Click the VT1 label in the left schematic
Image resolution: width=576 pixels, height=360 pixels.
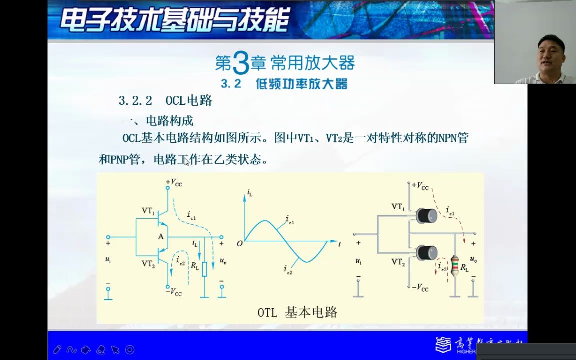[148, 211]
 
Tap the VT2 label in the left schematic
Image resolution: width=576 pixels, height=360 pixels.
[148, 263]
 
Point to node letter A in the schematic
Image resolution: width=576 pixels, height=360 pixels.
[161, 236]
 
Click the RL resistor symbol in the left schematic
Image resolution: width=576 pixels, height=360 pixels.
[204, 269]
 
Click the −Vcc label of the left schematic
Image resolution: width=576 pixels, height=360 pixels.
[174, 292]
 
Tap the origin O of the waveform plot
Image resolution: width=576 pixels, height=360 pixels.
[240, 243]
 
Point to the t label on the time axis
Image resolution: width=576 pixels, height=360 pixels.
[339, 244]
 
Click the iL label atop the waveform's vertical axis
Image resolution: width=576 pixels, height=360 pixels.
[249, 193]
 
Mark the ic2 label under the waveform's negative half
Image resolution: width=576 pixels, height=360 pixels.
[288, 270]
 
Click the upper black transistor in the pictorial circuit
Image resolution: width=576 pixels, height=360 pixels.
[427, 215]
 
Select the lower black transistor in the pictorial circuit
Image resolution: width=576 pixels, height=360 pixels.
[427, 252]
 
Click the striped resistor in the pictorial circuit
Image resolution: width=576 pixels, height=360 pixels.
[455, 266]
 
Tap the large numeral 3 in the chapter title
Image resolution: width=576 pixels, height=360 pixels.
[241, 64]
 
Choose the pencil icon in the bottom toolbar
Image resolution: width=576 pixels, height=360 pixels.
[57, 350]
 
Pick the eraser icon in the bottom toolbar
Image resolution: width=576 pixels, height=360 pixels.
[101, 350]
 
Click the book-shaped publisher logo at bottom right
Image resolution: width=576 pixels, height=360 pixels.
[443, 345]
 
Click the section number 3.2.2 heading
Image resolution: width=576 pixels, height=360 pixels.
[135, 101]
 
